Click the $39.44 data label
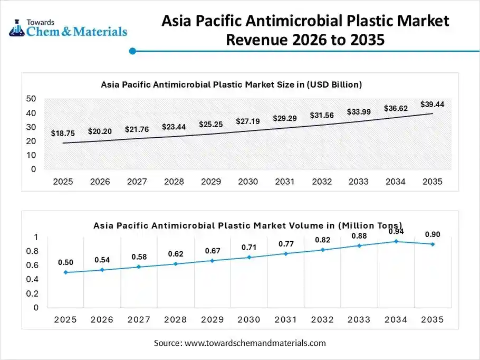pos(432,105)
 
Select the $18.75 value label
pos(63,134)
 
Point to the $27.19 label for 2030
pos(247,121)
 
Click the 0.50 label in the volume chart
pos(65,262)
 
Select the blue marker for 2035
pos(433,244)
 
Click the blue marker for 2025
pos(65,272)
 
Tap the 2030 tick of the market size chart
pos(247,182)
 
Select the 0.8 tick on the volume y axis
pos(33,251)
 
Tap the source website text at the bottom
pos(240,343)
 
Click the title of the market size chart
pos(231,84)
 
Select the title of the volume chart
pos(247,225)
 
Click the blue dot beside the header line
pos(132,51)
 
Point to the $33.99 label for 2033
pos(358,112)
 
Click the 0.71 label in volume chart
pos(248,247)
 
